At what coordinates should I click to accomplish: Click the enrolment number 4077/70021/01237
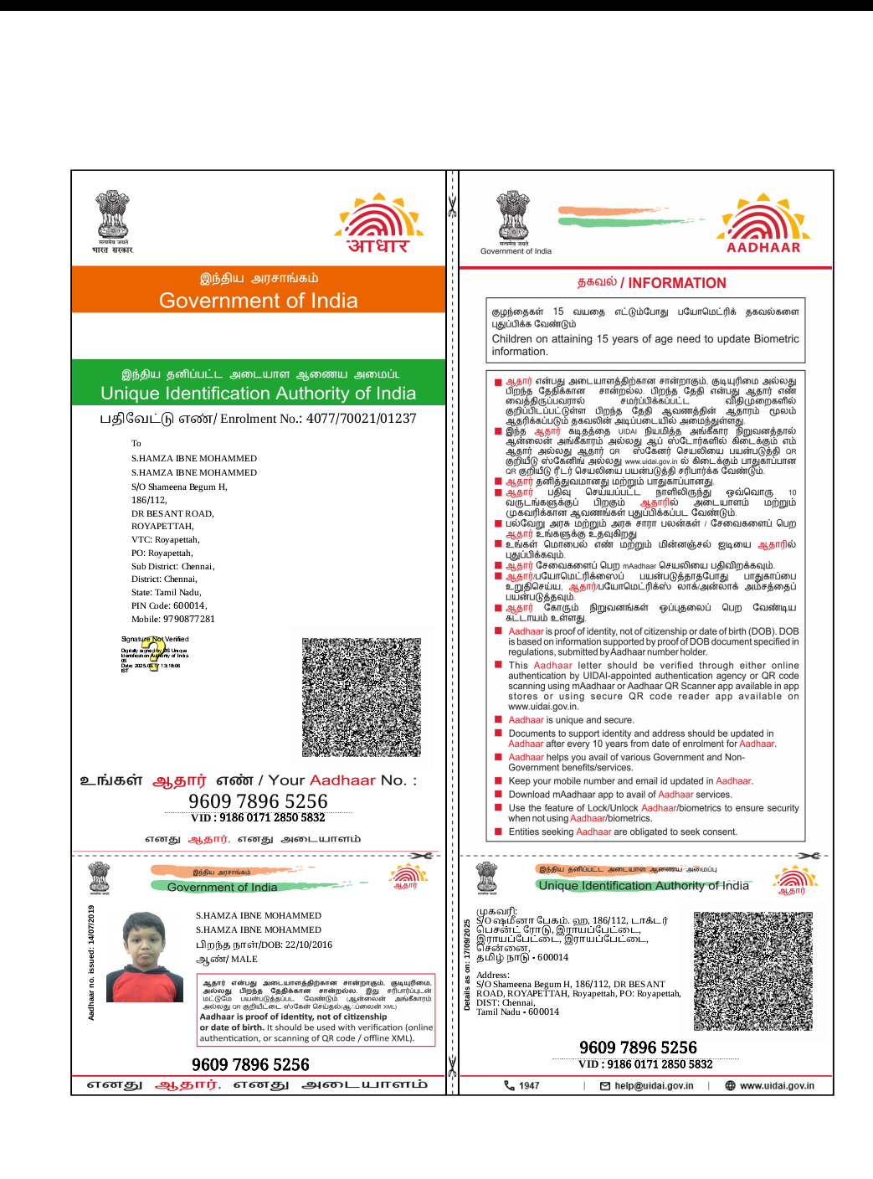coord(361,419)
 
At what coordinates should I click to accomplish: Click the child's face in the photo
coord(145,943)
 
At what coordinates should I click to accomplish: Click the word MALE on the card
coord(244,960)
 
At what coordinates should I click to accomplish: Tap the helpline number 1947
coord(529,1086)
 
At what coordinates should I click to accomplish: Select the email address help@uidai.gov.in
coord(654,1086)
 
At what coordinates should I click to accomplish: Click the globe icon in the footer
coord(730,1086)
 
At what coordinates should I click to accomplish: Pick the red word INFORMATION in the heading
coord(677,284)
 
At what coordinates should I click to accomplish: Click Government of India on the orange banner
coord(258,301)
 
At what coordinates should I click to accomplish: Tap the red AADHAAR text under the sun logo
coord(763,248)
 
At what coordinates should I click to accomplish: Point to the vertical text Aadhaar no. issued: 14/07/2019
coord(91,962)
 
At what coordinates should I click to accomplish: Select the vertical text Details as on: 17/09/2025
coord(467,965)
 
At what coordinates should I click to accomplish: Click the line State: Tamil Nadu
coord(166,593)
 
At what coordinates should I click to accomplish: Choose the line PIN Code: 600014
coord(168,606)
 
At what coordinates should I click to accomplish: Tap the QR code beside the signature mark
coord(361,698)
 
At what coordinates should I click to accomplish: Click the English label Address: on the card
coord(493,976)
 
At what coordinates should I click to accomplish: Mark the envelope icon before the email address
coord(605,1086)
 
